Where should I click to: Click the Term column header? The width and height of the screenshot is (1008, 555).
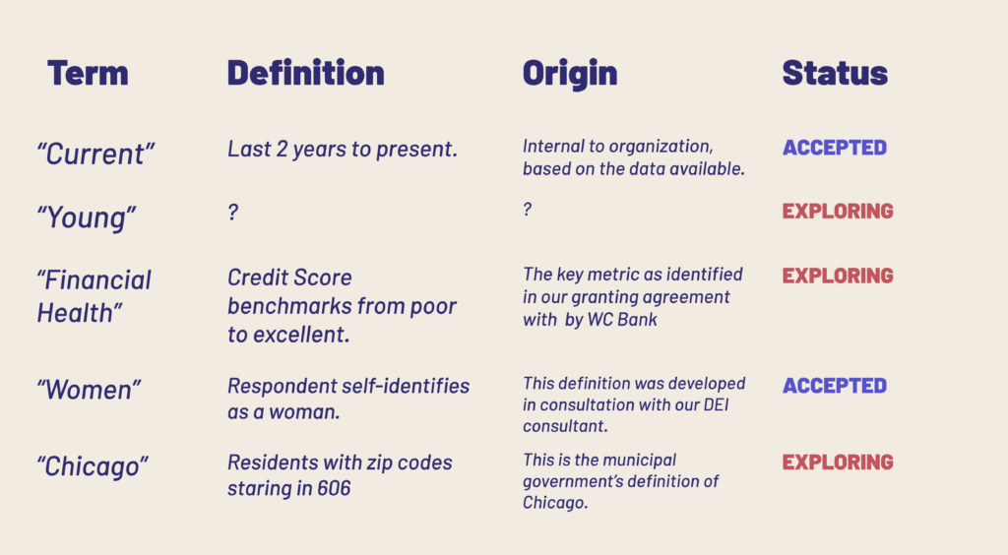pyautogui.click(x=88, y=73)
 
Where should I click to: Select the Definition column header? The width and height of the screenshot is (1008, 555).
pyautogui.click(x=306, y=73)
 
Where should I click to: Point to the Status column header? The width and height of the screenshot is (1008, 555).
pyautogui.click(x=835, y=73)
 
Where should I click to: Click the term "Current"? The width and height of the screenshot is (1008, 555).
pyautogui.click(x=95, y=154)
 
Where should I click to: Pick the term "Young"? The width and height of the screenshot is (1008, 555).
pyautogui.click(x=87, y=217)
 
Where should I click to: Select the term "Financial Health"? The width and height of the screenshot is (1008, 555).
pyautogui.click(x=94, y=296)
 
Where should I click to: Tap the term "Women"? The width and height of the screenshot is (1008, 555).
pyautogui.click(x=89, y=390)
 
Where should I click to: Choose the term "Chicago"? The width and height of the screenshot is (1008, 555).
pyautogui.click(x=93, y=466)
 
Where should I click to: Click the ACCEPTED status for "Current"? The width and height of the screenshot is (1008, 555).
pyautogui.click(x=835, y=148)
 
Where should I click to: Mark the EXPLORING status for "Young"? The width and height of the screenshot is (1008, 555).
pyautogui.click(x=838, y=212)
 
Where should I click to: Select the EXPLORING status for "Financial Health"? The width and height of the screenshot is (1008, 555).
pyautogui.click(x=838, y=276)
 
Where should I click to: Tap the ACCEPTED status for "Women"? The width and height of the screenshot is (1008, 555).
pyautogui.click(x=835, y=386)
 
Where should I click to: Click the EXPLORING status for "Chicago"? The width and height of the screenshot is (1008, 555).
pyautogui.click(x=838, y=462)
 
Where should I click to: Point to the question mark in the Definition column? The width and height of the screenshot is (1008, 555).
pyautogui.click(x=233, y=212)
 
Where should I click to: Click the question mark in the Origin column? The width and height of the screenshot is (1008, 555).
pyautogui.click(x=528, y=209)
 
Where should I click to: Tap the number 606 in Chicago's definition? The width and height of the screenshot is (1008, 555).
pyautogui.click(x=334, y=488)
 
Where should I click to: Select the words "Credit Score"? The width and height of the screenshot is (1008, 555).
pyautogui.click(x=290, y=277)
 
